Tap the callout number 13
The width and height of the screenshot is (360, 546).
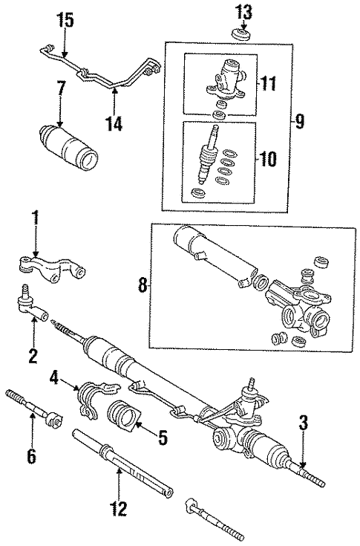point(244,12)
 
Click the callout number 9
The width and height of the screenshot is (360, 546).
point(298,121)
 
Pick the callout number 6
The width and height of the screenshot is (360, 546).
point(30,455)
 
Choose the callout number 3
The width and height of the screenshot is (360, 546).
point(302,424)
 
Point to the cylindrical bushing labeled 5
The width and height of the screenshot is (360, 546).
point(122,416)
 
